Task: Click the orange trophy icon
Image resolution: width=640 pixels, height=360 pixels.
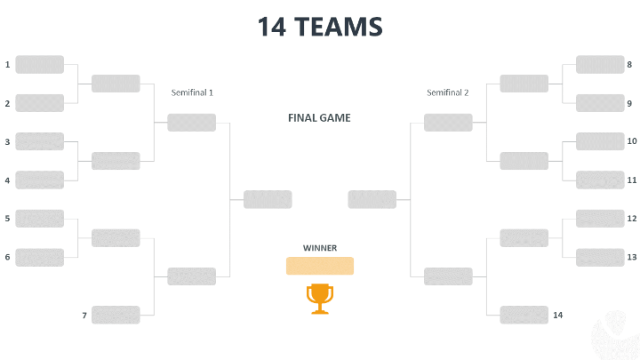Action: pos(319,298)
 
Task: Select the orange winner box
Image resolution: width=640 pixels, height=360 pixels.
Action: pos(319,266)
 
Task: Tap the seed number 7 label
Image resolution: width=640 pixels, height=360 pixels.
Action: pos(84,316)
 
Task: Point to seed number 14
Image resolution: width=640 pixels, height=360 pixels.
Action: pos(558,316)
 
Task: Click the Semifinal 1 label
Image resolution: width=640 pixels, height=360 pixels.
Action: pos(192,92)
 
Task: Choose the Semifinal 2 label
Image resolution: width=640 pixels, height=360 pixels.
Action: pos(447,92)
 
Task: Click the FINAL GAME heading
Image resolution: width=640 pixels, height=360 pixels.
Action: pos(319,117)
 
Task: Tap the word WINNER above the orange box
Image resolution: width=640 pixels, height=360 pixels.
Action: pos(319,248)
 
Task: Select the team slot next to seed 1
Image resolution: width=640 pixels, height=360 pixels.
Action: pos(40,65)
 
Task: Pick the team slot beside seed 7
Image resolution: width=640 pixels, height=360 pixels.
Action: pos(116,316)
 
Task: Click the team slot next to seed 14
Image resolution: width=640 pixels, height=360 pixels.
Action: pos(524,316)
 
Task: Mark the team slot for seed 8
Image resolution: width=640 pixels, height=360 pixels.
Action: pos(600,65)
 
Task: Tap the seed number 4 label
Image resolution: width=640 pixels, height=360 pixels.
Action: pos(7,180)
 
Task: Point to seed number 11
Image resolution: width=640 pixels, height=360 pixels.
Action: pos(632,180)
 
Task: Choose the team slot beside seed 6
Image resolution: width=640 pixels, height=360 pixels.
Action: pos(40,258)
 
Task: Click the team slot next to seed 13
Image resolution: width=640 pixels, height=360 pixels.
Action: pos(600,258)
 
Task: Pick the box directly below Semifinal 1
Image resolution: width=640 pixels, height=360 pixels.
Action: pos(192,123)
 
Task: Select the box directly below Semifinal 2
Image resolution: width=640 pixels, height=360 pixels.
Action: pos(448,123)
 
